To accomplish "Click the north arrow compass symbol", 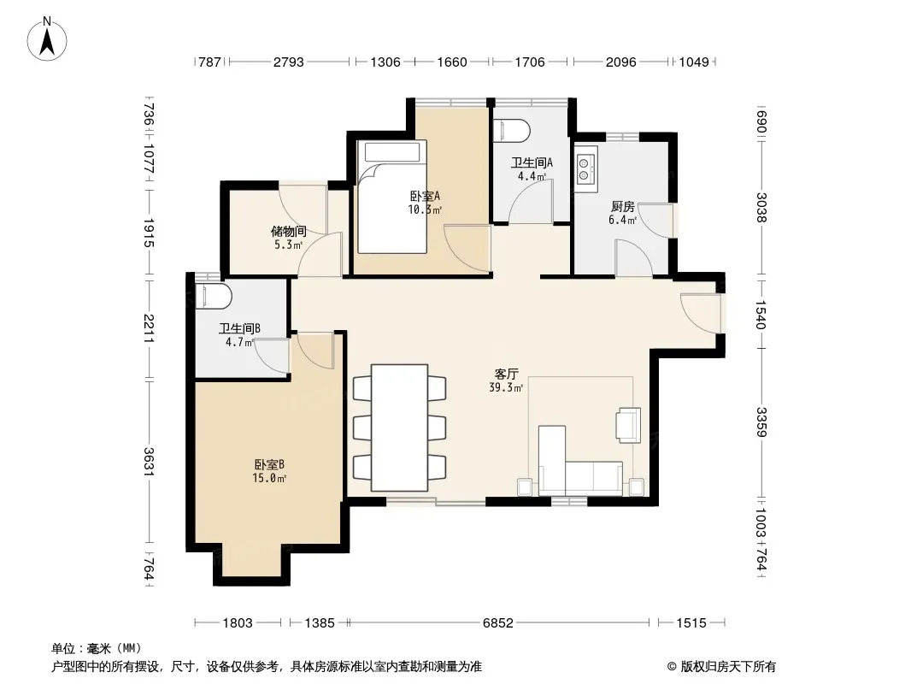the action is [47, 39].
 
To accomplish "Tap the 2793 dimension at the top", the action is [289, 62].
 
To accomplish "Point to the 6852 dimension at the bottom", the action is [498, 623].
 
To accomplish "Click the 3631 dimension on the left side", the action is [149, 462].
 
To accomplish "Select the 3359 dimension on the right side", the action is [761, 422].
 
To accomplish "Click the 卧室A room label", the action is [425, 197].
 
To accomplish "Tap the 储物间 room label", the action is [289, 232].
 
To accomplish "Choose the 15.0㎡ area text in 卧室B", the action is [269, 478].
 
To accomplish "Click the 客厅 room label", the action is [507, 374].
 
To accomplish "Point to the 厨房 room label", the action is [623, 206].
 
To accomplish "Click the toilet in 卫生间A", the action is [511, 131].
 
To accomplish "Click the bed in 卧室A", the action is [392, 197].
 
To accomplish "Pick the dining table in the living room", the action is [400, 427].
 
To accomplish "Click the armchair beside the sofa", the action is [629, 425].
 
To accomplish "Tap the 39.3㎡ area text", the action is [506, 387].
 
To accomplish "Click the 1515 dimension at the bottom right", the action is [691, 623].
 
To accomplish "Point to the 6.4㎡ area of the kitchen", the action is [623, 220].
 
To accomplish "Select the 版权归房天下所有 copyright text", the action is [728, 667].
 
